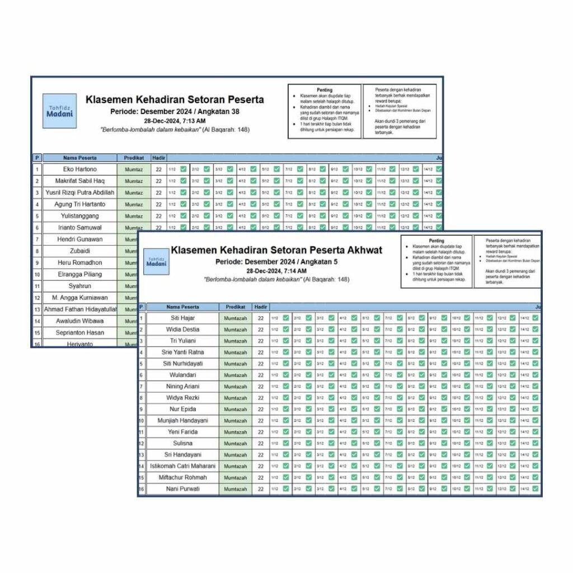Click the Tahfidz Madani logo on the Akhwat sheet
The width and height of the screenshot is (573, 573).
(x=157, y=261)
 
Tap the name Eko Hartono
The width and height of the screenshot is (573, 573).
(x=80, y=169)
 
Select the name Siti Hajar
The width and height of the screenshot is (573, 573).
(x=183, y=318)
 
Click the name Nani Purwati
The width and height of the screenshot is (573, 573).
(x=183, y=489)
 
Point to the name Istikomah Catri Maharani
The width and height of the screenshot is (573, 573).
(x=183, y=466)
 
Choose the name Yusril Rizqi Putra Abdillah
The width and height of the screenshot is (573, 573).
(x=80, y=192)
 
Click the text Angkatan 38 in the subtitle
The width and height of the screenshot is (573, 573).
(x=218, y=112)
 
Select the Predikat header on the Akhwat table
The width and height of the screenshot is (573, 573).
(x=236, y=307)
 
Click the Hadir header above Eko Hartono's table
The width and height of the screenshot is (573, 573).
(x=158, y=158)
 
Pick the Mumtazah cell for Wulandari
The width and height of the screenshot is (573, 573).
(x=236, y=375)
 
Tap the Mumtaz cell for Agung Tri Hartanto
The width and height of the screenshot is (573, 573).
(x=134, y=204)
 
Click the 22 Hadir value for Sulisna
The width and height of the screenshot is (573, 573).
(x=260, y=443)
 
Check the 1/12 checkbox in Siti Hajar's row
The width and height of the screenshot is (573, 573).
(x=286, y=318)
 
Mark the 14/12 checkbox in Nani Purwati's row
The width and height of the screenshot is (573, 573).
(x=536, y=489)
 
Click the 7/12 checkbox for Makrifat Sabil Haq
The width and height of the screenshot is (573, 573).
(x=300, y=181)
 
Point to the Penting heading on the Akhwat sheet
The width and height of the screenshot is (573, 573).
(x=436, y=241)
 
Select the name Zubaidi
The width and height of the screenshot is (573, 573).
(x=80, y=251)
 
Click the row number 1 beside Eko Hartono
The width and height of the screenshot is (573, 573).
(x=37, y=169)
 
